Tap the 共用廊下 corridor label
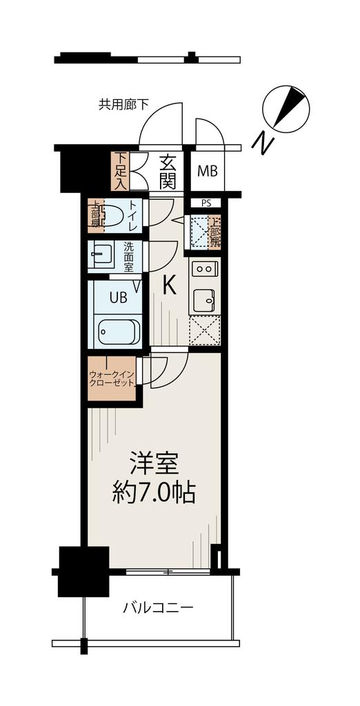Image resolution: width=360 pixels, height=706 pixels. tap(124, 105)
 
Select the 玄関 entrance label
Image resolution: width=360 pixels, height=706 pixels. tap(167, 172)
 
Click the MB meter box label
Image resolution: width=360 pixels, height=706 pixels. tap(208, 171)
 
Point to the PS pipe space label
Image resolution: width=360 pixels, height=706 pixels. tap(206, 203)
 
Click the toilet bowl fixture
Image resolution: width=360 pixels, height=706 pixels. tap(112, 216)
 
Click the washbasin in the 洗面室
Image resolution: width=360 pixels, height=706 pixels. tap(101, 254)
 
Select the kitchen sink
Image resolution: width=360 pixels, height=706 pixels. tap(205, 299)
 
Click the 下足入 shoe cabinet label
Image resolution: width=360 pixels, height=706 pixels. tap(120, 172)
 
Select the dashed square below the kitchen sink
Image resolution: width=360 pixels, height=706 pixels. tap(205, 330)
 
